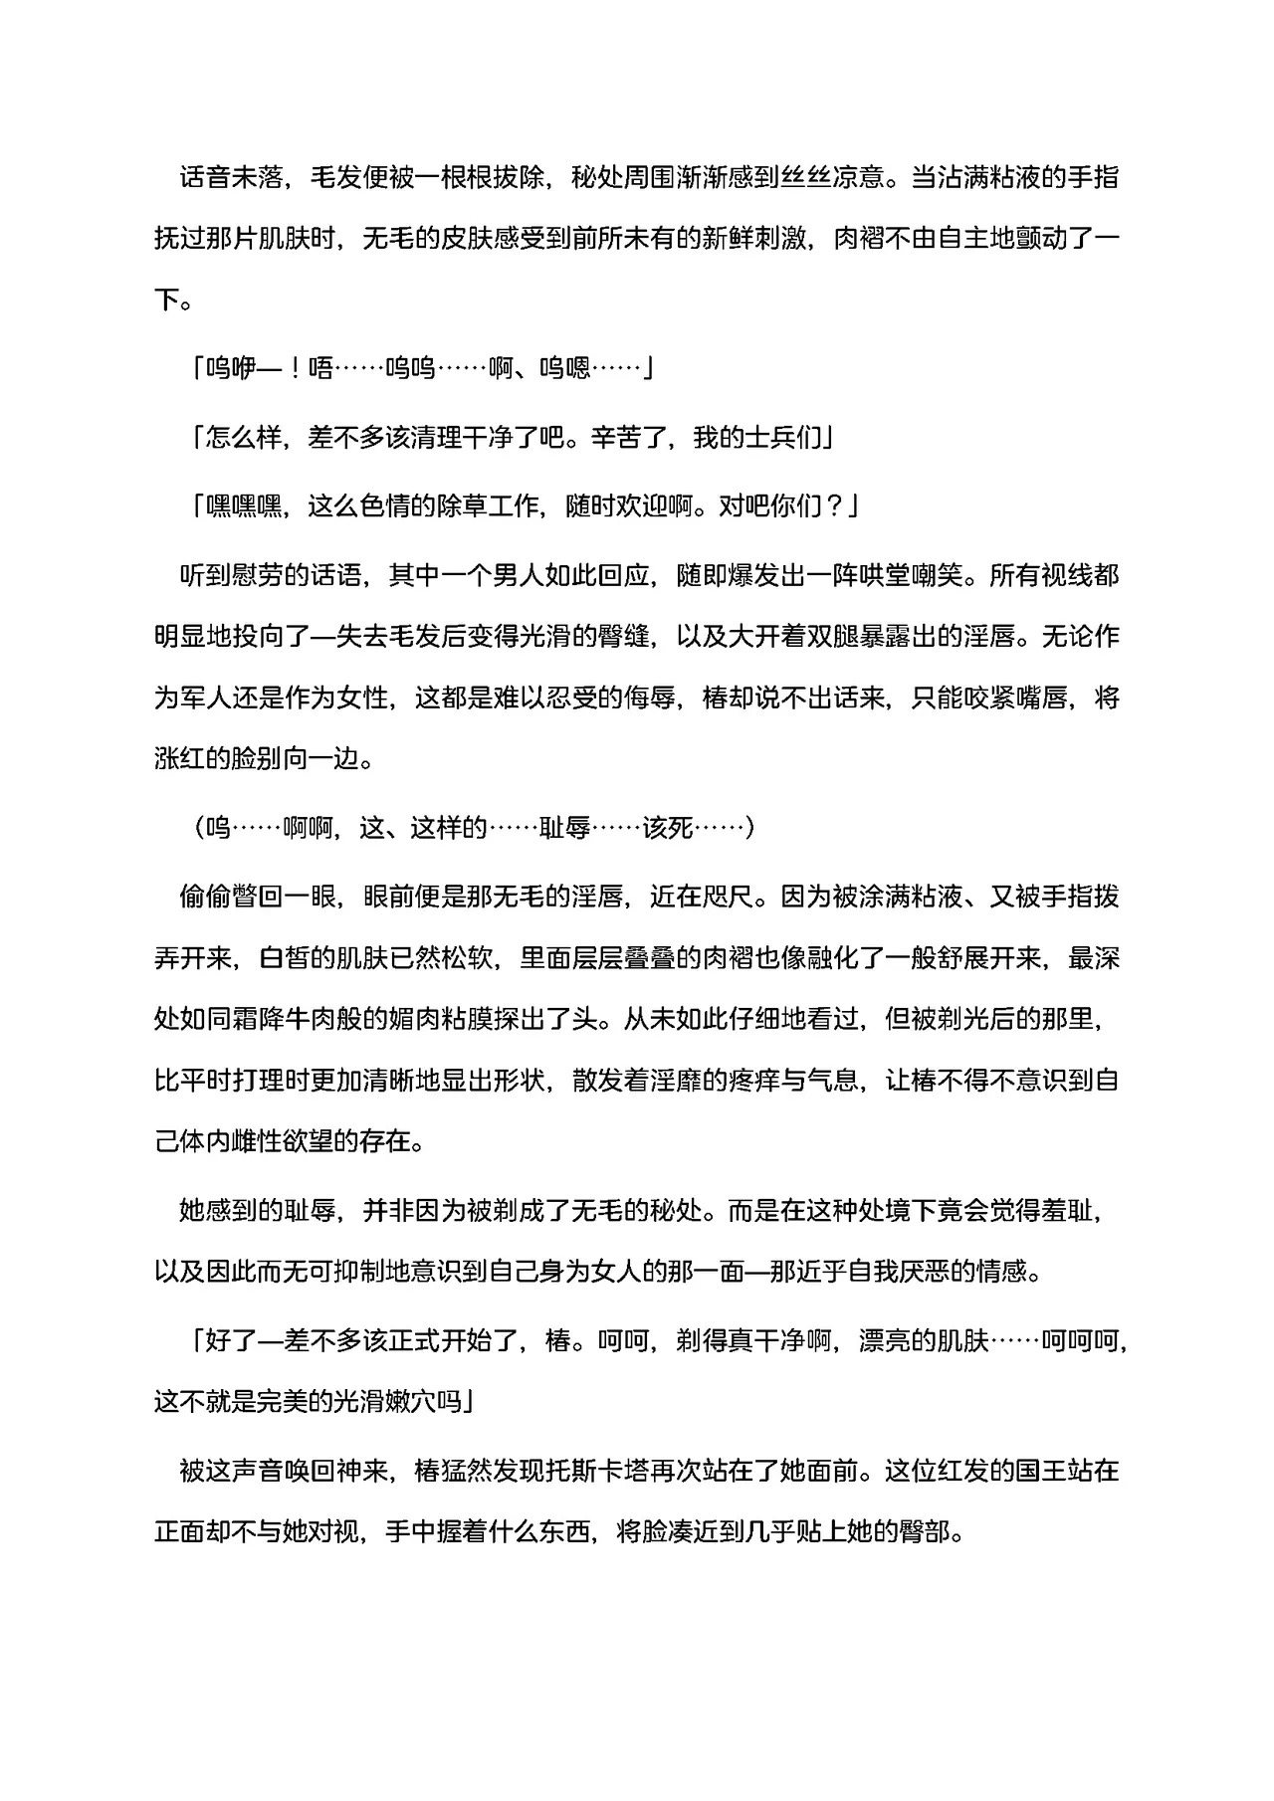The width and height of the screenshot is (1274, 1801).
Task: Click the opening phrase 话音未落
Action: [x=230, y=179]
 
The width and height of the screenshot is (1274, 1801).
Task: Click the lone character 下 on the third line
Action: [x=166, y=300]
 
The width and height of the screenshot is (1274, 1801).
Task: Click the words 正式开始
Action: [x=396, y=1341]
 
